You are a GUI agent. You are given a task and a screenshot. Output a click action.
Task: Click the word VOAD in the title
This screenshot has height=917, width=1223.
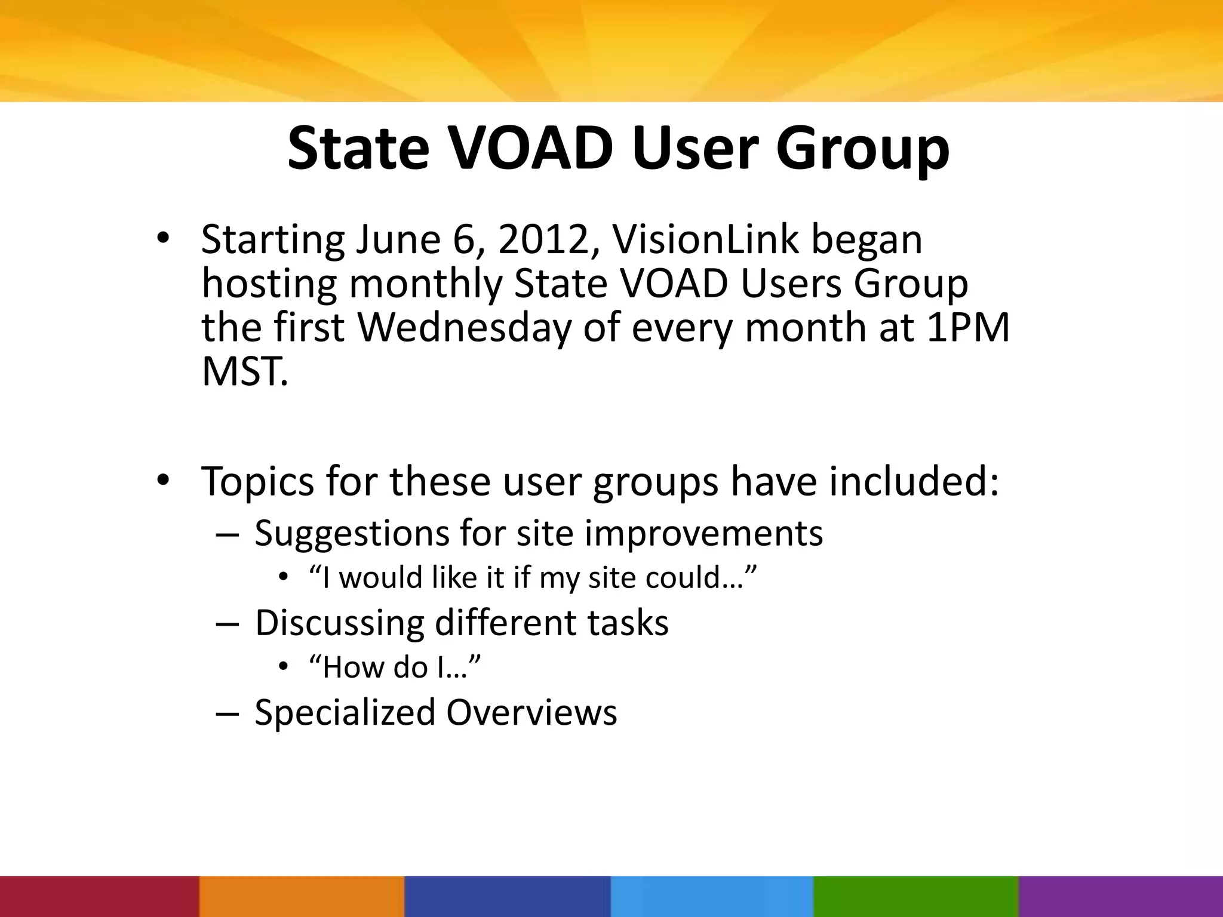pos(530,148)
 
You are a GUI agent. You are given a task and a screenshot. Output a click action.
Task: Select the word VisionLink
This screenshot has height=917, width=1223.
pos(705,239)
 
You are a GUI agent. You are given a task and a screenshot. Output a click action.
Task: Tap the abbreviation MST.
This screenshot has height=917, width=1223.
pos(244,371)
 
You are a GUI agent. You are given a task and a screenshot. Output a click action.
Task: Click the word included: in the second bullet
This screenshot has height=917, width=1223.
pos(913,481)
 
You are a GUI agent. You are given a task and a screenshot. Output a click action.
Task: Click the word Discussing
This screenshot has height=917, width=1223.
pos(339,623)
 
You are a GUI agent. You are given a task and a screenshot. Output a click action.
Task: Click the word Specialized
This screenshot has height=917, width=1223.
pos(345,713)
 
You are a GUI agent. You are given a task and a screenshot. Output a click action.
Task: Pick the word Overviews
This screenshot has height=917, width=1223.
pos(531,712)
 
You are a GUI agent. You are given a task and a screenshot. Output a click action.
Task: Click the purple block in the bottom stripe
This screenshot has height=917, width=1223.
pos(1121,896)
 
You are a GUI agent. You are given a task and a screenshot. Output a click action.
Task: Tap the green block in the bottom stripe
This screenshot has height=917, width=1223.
pos(915,896)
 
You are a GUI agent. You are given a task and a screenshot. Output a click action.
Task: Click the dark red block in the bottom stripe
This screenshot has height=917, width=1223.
pos(99,896)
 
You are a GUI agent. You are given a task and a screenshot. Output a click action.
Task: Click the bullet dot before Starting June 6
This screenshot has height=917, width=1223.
pos(163,239)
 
